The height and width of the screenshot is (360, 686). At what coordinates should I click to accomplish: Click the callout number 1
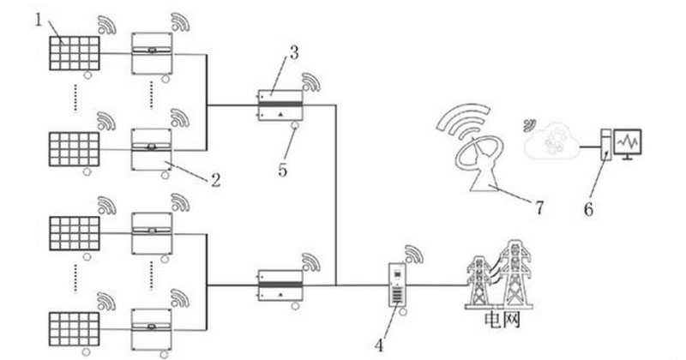39,18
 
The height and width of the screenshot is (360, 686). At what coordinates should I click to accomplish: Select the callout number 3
293,53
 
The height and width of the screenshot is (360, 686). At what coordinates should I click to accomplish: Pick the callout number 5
282,170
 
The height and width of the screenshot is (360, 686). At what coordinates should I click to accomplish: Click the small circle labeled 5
293,129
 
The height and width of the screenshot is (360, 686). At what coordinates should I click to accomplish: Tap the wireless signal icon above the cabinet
414,254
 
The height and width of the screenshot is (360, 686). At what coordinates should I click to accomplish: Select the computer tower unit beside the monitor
605,145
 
